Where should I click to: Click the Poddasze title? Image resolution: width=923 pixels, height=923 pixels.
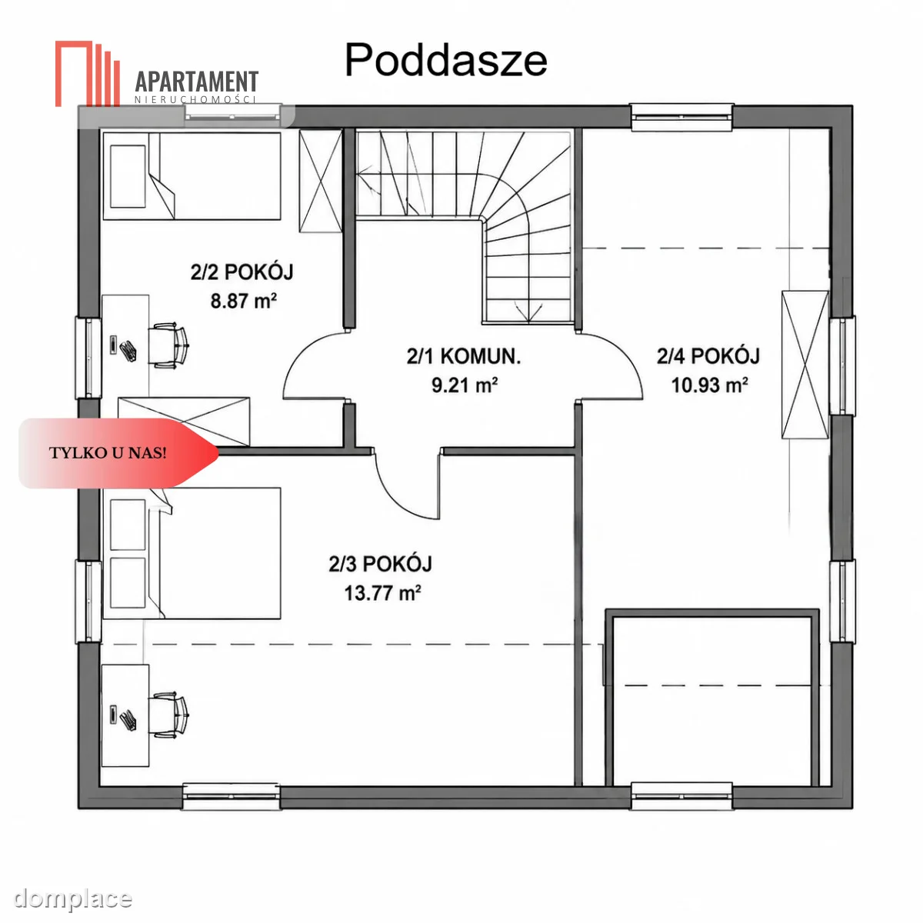tap(445, 61)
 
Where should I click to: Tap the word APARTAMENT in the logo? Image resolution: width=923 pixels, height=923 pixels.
tap(197, 82)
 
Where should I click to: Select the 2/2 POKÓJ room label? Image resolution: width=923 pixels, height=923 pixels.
tap(242, 272)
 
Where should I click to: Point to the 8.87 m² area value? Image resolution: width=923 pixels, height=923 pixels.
tap(243, 302)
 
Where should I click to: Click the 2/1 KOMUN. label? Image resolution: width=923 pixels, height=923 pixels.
tap(464, 356)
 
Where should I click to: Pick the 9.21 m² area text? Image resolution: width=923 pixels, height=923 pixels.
tap(465, 385)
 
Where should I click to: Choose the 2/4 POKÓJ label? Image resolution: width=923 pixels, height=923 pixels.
tap(708, 356)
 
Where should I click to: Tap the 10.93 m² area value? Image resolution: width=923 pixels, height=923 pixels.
tap(710, 385)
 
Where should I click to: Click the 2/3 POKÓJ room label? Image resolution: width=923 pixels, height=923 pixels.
tap(380, 564)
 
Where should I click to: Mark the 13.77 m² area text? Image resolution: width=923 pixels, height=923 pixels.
tap(383, 594)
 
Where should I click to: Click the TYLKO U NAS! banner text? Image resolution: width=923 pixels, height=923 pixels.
tap(108, 453)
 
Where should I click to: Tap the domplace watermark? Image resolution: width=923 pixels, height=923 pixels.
tap(73, 898)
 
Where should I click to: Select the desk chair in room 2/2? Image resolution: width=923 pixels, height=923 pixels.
tap(168, 345)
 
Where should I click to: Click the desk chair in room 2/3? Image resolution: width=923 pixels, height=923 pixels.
tap(168, 715)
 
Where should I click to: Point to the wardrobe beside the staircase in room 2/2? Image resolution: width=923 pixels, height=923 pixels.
tap(321, 181)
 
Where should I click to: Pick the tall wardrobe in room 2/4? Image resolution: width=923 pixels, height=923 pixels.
tap(805, 365)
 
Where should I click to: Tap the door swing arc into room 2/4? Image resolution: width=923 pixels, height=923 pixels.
tap(627, 355)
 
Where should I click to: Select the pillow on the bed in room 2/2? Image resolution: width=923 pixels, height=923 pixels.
tap(128, 176)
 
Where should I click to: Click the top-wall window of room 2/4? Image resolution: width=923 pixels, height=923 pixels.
tap(682, 118)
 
